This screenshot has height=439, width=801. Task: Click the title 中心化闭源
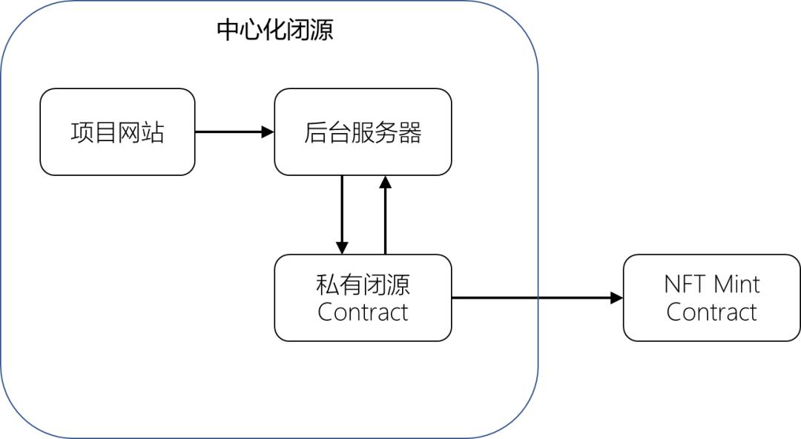click(x=274, y=30)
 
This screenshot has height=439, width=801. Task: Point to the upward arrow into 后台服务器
click(x=385, y=215)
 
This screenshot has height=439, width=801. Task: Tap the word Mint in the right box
click(x=736, y=284)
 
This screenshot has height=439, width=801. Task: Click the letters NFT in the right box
click(x=685, y=284)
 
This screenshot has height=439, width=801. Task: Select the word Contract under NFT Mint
click(x=711, y=312)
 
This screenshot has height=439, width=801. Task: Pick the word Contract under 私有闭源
click(x=363, y=312)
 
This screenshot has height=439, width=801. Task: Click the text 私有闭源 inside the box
click(x=363, y=284)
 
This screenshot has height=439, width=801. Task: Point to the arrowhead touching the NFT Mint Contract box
click(x=617, y=298)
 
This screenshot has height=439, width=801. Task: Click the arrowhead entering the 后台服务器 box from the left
click(x=268, y=132)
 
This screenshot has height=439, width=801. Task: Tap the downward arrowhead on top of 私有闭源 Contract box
click(x=342, y=248)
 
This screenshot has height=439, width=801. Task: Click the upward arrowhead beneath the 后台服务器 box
click(x=385, y=182)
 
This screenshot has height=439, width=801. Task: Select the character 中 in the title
click(x=228, y=30)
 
